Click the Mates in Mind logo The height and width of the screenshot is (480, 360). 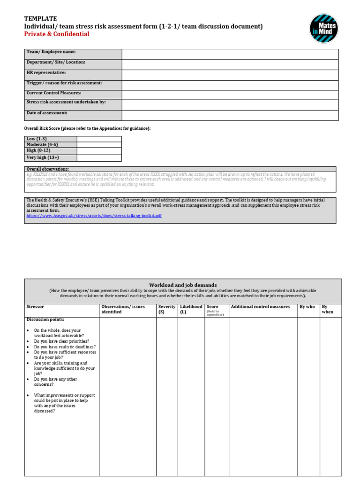tap(323, 28)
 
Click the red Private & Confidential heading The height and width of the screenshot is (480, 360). tap(57, 34)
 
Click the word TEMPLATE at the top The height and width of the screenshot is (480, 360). tap(40, 19)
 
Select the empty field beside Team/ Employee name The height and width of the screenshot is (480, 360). tap(230, 54)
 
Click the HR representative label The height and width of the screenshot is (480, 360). tap(46, 73)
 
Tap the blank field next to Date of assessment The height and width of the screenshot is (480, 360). tap(230, 115)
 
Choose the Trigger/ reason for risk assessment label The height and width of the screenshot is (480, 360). tap(64, 83)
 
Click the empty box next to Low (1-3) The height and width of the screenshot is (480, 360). tap(99, 139)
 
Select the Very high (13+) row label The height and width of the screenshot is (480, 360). tap(43, 157)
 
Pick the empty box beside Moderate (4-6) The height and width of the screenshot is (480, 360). tap(99, 145)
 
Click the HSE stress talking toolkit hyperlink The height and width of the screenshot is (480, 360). tap(94, 216)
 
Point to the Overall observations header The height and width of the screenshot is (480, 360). tap(48, 169)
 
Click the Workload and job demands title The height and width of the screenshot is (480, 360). tap(183, 285)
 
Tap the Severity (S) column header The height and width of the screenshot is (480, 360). tap(167, 309)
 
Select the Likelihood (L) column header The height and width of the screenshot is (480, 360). tap(191, 309)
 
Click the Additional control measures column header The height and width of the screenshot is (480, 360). tap(260, 307)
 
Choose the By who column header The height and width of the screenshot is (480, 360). tap(307, 307)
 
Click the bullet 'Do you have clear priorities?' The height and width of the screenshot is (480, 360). tap(61, 341)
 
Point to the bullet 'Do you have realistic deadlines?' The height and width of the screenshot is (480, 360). tap(65, 347)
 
